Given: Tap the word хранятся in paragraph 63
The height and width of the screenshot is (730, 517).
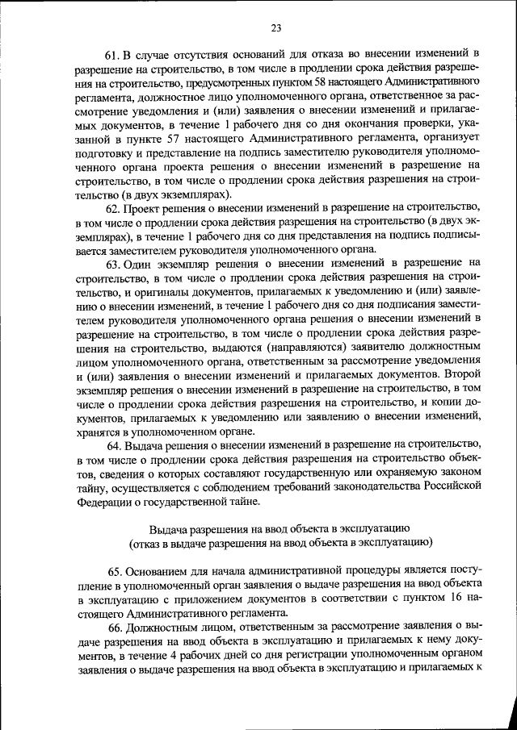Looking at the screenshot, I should [x=100, y=431].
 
